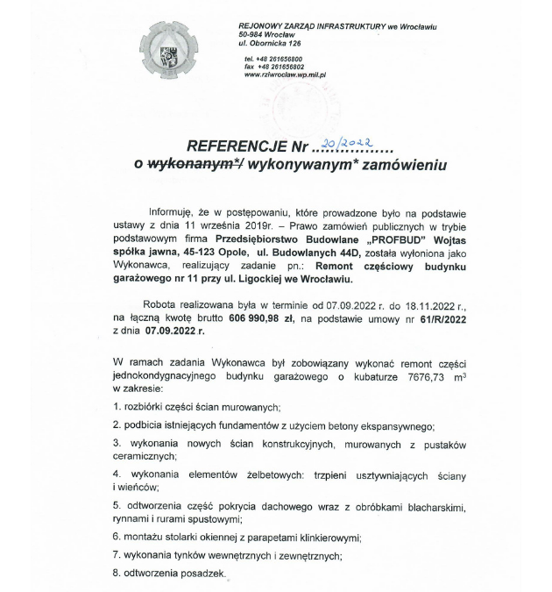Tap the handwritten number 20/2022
coord(349,143)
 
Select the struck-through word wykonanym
coord(192,163)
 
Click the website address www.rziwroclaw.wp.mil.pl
coord(287,75)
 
